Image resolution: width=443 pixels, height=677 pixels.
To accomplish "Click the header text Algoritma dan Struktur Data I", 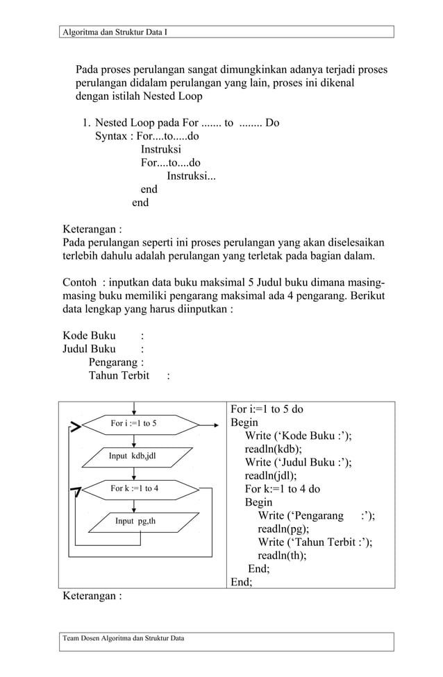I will (115, 33).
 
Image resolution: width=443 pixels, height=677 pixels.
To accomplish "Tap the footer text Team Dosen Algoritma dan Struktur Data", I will (123, 638).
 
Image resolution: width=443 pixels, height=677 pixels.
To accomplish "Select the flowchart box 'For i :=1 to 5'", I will (133, 423).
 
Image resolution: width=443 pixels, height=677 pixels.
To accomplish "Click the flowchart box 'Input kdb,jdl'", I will (133, 456).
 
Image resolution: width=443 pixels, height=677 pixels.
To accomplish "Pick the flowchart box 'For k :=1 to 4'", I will (134, 488).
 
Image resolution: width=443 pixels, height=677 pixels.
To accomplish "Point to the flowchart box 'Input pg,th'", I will (135, 521).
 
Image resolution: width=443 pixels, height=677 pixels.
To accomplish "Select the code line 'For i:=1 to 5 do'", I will (267, 409).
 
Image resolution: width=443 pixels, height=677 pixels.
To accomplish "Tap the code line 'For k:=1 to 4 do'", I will (283, 488).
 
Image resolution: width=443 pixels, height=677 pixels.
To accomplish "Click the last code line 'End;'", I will (241, 582).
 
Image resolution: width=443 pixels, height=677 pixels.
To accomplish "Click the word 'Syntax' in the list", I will (111, 136).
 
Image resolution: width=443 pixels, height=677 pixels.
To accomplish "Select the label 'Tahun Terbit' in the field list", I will (119, 376).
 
